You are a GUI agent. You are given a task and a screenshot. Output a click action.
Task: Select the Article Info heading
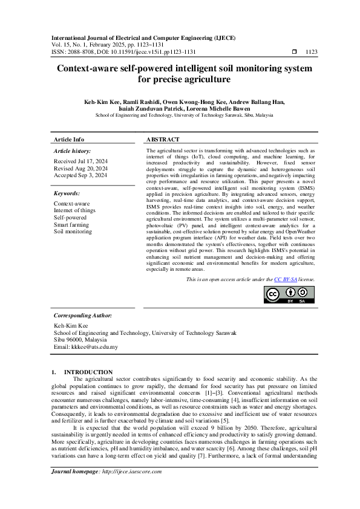(x=69, y=139)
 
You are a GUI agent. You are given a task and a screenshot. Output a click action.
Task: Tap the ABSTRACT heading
(x=162, y=139)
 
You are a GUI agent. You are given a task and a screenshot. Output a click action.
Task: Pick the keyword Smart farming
(x=71, y=223)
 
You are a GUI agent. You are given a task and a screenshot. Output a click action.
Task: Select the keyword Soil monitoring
(x=73, y=231)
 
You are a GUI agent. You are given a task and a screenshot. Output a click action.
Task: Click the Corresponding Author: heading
(x=82, y=315)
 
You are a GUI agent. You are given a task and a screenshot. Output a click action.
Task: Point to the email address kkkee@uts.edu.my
(x=86, y=347)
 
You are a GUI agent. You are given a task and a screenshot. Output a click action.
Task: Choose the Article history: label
(x=73, y=151)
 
